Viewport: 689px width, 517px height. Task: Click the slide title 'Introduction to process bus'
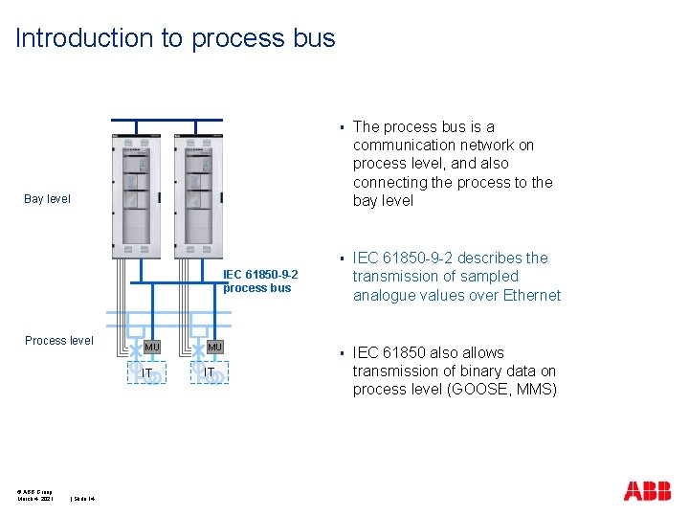click(175, 38)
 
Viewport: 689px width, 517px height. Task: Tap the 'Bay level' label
click(47, 199)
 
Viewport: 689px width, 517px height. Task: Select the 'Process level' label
click(59, 341)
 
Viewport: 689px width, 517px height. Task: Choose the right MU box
click(214, 347)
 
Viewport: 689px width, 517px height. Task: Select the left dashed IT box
click(147, 371)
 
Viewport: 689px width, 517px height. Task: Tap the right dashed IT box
click(209, 371)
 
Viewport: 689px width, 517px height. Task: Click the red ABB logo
click(647, 491)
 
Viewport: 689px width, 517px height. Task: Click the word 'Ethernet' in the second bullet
click(528, 295)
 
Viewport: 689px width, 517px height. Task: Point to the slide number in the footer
click(89, 498)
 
